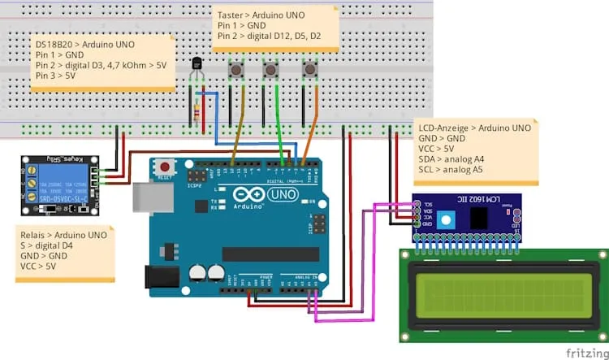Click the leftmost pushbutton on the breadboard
point(237,72)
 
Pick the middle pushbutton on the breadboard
point(271,72)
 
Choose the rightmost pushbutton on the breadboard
point(309,72)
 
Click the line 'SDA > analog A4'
point(451,159)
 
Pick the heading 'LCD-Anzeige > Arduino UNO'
point(475,128)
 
